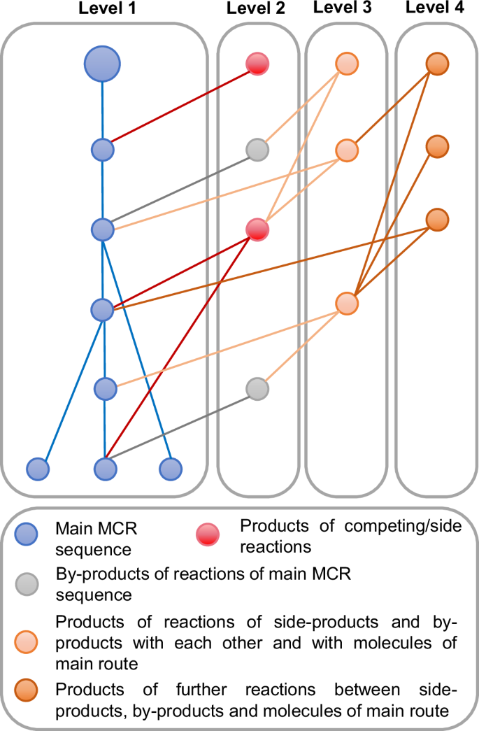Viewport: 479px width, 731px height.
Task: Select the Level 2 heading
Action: [257, 10]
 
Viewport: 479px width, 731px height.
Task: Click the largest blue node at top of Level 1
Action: [103, 64]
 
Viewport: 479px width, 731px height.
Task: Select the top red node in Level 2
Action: [257, 64]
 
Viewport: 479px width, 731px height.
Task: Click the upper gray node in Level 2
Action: [257, 149]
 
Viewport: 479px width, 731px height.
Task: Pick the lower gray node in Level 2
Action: [257, 388]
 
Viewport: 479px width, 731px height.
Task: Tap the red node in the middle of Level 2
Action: [257, 229]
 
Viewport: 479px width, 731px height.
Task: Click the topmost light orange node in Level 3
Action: [346, 63]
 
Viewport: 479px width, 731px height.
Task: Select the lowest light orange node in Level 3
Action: [346, 304]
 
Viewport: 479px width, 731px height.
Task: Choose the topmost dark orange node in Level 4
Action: [436, 63]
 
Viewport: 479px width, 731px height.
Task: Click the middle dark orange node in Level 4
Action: [436, 147]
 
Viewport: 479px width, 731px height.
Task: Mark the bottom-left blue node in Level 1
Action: [38, 468]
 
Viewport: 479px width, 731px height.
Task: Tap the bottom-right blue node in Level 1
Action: [170, 468]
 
